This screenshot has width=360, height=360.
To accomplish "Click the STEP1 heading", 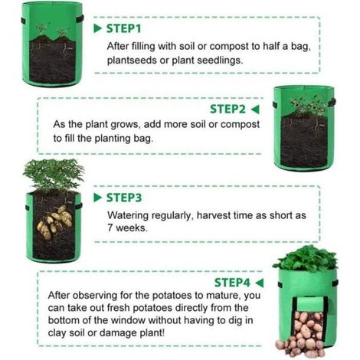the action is click(123, 28).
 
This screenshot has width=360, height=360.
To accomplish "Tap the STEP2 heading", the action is click(227, 110).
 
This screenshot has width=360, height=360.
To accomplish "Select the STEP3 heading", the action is click(124, 198).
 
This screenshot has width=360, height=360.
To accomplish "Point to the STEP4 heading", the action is click(232, 283).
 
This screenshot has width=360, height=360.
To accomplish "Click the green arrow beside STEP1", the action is click(98, 28).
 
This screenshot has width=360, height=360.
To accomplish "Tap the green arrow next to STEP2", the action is click(255, 110).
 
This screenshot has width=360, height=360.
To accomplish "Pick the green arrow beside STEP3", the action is click(98, 198).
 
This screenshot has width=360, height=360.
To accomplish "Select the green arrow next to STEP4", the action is click(259, 283).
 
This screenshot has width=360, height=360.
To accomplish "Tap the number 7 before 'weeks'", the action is click(110, 227).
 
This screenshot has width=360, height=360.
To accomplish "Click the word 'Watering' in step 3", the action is click(128, 215).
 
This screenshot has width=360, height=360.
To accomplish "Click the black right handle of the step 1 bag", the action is click(80, 18).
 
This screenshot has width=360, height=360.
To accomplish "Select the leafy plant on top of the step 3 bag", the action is click(54, 174).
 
